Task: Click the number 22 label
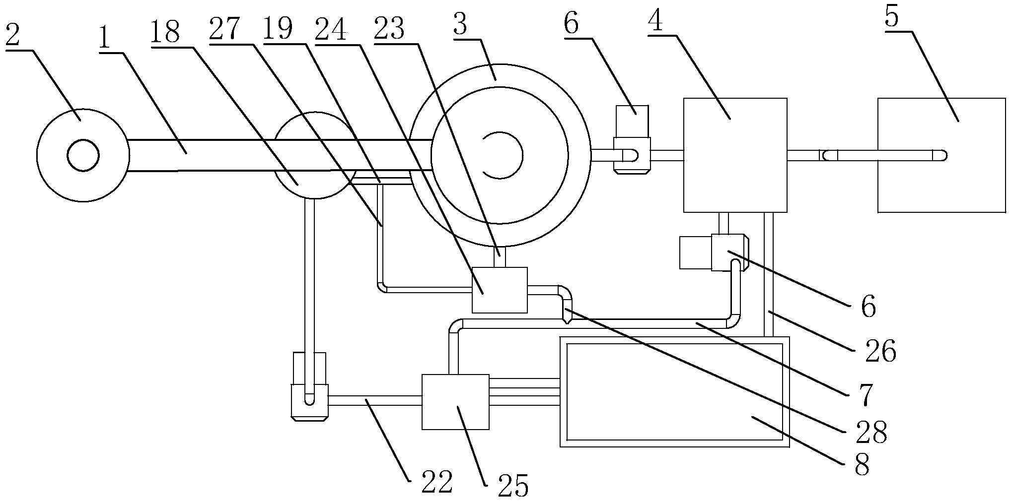(437, 481)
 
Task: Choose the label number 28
(871, 432)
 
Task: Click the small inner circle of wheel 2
(83, 156)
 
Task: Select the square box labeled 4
(735, 155)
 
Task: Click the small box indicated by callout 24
(500, 290)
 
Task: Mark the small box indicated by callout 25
(455, 402)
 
